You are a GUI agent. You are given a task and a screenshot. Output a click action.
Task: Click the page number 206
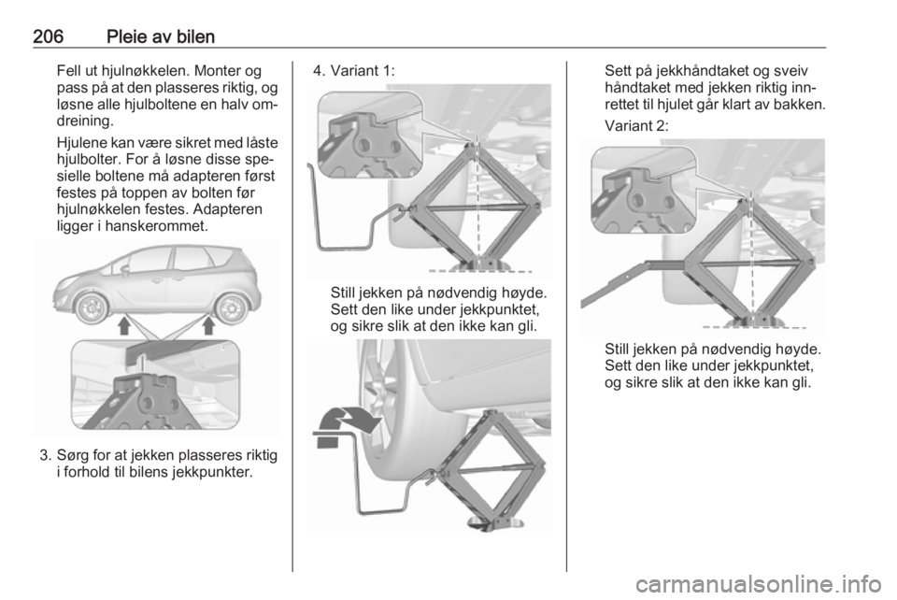point(48,36)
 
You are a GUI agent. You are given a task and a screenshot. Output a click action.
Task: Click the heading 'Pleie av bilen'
point(161,36)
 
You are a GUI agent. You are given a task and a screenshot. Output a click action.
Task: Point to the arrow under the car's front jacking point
point(124,325)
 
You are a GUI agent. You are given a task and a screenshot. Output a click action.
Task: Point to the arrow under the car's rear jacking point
point(208,325)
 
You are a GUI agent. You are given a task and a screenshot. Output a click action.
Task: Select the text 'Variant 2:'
point(636,125)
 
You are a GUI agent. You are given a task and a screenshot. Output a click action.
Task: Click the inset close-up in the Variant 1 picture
point(370,135)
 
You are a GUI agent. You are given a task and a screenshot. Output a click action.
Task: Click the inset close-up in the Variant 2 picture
point(643,190)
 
